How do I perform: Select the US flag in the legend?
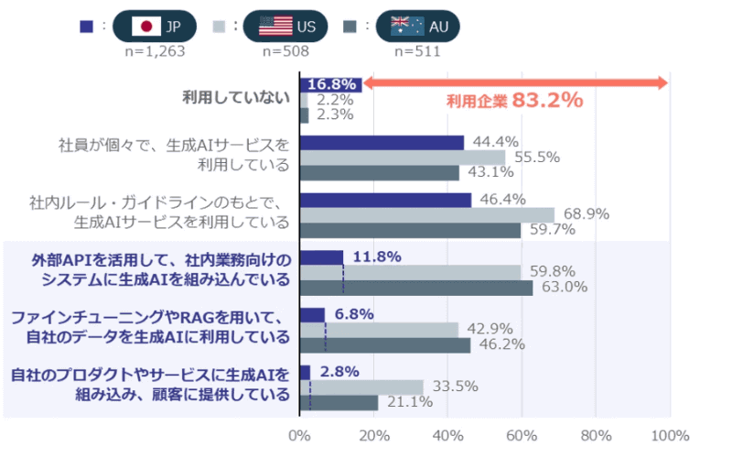pyautogui.click(x=275, y=26)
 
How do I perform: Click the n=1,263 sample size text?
pyautogui.click(x=155, y=51)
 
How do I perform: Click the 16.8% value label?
pyautogui.click(x=332, y=84)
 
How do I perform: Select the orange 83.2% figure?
pyautogui.click(x=547, y=100)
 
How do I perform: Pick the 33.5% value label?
pyautogui.click(x=455, y=387)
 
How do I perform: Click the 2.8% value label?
pyautogui.click(x=335, y=372)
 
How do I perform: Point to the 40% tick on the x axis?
pyautogui.click(x=447, y=435)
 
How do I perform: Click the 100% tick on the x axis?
pyautogui.click(x=670, y=435)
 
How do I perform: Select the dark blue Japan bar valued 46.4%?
pyautogui.click(x=385, y=200)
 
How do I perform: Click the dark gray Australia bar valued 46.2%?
pyautogui.click(x=385, y=345)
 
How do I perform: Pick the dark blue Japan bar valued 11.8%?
pyautogui.click(x=321, y=257)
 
